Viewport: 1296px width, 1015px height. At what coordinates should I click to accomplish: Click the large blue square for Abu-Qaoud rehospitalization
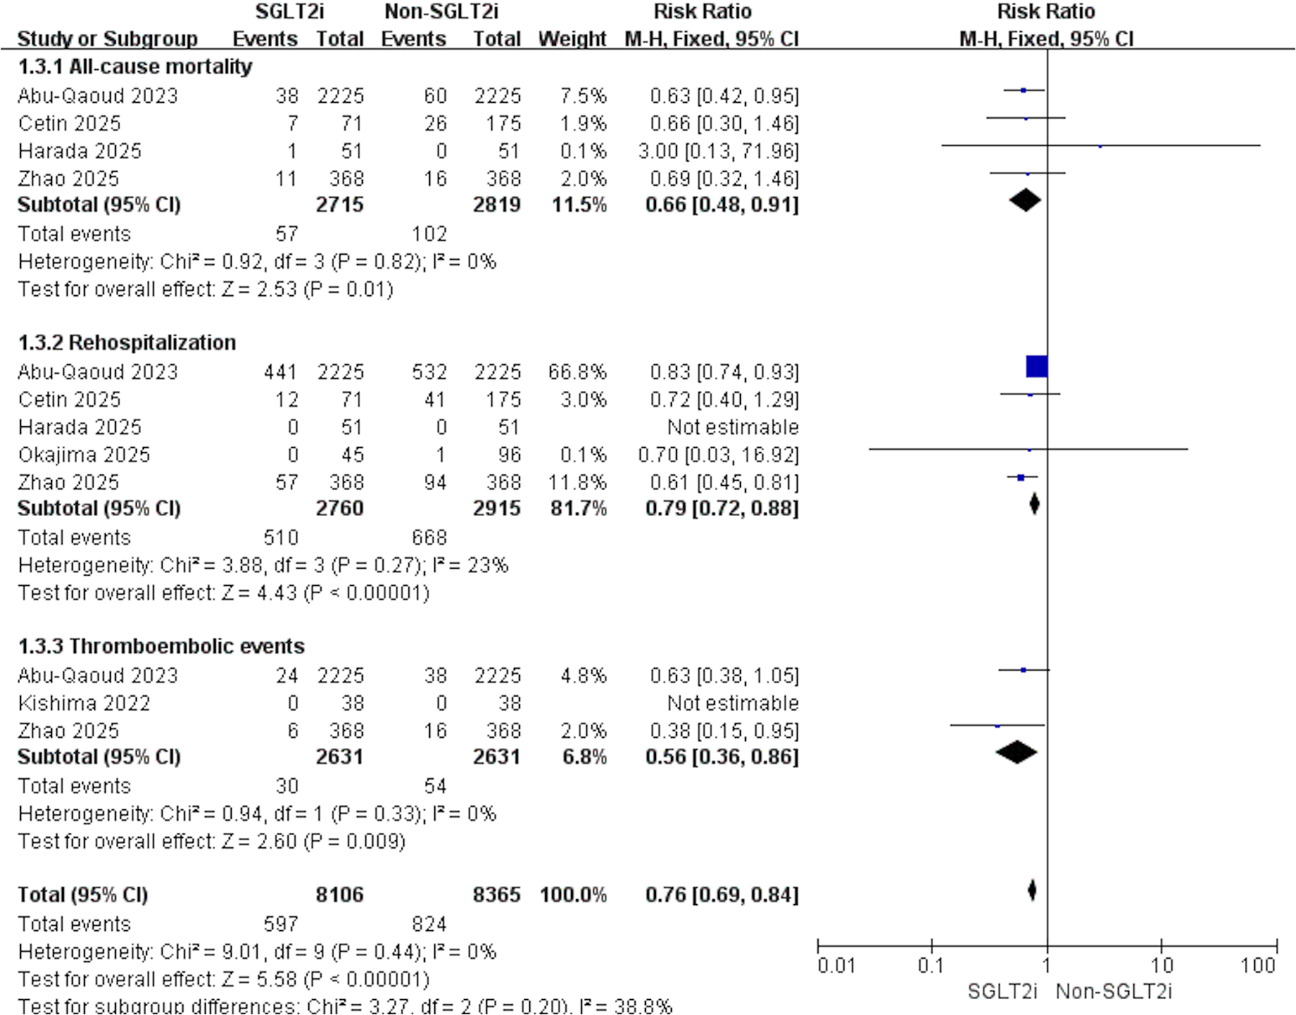[1037, 366]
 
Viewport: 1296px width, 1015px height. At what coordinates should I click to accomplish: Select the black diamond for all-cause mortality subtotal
[1025, 200]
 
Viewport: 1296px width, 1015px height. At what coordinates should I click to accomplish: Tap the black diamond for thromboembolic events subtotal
[1017, 752]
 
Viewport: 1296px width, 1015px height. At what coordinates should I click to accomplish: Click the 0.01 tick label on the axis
[836, 965]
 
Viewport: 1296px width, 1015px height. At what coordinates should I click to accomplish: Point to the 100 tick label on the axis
[1258, 965]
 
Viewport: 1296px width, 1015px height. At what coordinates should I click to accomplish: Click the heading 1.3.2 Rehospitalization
[127, 343]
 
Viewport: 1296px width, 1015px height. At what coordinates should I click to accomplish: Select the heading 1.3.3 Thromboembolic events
[161, 646]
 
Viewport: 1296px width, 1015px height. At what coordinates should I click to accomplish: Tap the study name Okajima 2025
[84, 455]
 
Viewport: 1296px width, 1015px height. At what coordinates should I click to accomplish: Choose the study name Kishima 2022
[84, 703]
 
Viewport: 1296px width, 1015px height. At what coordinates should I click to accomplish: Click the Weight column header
[572, 39]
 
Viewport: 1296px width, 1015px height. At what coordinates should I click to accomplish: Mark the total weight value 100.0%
[573, 895]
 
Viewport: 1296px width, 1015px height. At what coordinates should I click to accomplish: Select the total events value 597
[281, 924]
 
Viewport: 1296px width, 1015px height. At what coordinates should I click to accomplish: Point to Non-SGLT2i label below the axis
[1114, 992]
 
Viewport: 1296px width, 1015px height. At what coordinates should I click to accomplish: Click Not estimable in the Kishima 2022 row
[733, 703]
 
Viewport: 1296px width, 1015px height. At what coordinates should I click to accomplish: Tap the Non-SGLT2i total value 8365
[497, 895]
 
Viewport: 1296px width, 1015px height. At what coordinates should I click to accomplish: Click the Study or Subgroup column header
[107, 39]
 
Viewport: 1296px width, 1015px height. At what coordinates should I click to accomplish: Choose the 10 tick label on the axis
[1162, 965]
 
